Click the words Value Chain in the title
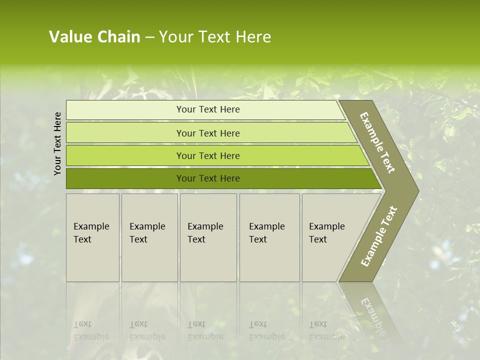(94, 37)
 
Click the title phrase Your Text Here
(215, 37)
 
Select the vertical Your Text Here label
(58, 143)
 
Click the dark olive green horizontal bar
(125, 178)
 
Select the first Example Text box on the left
(92, 237)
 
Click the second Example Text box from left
(149, 237)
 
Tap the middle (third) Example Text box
(208, 237)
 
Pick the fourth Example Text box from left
(269, 237)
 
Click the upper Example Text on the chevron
(377, 142)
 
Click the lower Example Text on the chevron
(379, 236)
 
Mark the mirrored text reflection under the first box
(91, 330)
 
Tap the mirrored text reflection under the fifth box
(326, 330)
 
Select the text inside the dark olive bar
(208, 178)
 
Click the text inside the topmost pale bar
(208, 109)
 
